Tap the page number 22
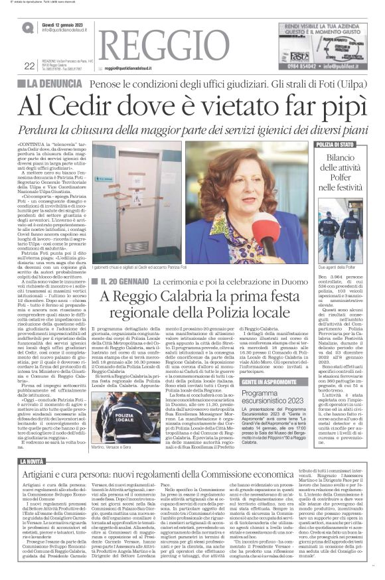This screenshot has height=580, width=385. click(29, 65)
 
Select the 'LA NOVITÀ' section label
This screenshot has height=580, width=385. click(33, 461)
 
